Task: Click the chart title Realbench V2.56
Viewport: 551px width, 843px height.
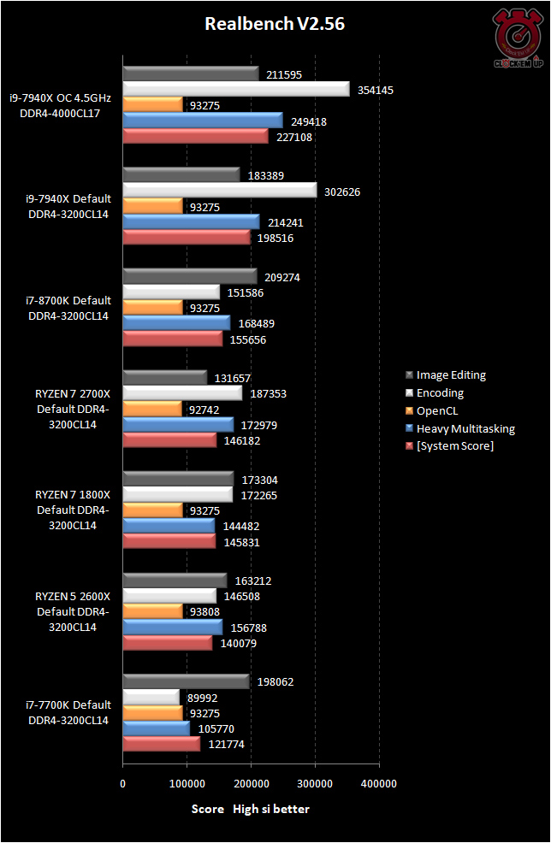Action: pos(275,25)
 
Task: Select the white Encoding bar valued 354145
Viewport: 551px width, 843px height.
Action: pos(236,90)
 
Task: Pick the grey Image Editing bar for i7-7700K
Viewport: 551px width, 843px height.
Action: pos(186,681)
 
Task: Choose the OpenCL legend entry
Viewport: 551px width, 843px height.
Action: pos(440,410)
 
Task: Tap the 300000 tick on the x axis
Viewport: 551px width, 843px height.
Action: pos(315,783)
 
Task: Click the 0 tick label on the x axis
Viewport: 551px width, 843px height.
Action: pos(123,783)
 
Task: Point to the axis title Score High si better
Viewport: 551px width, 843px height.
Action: pos(250,808)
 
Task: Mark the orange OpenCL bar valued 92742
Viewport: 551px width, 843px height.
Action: pos(152,410)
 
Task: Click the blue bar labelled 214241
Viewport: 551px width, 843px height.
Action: pos(191,222)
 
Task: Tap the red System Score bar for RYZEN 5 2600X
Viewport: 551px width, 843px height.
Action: pos(167,643)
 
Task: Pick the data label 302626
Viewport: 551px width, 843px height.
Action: pos(342,192)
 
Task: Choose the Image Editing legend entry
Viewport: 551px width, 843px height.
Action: pos(451,375)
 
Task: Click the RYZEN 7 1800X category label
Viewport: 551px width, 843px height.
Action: pos(72,510)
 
